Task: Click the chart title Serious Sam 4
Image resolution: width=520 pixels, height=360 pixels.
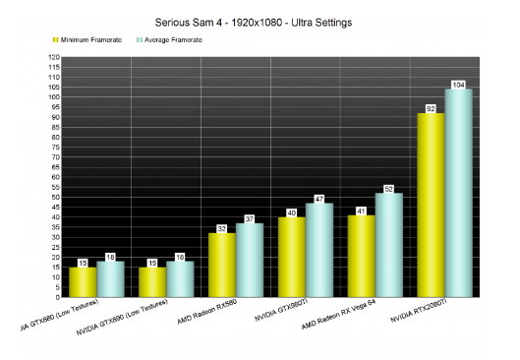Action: [x=260, y=20]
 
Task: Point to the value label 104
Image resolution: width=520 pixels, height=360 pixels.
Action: [x=459, y=84]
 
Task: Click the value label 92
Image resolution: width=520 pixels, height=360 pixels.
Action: [x=431, y=108]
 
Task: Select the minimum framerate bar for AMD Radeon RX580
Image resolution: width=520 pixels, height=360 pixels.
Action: [x=221, y=265]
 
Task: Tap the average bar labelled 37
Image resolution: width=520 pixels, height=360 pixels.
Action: [x=249, y=260]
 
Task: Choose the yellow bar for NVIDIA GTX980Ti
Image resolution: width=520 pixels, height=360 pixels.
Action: [x=291, y=257]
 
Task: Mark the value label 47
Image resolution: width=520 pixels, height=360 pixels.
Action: [x=319, y=199]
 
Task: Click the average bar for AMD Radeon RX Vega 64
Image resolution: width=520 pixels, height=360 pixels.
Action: [x=389, y=245]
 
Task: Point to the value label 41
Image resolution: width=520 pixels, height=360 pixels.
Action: [x=361, y=210]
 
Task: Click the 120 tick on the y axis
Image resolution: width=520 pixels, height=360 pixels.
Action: [x=53, y=58]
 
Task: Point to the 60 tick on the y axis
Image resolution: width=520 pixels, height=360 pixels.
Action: [x=55, y=177]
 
